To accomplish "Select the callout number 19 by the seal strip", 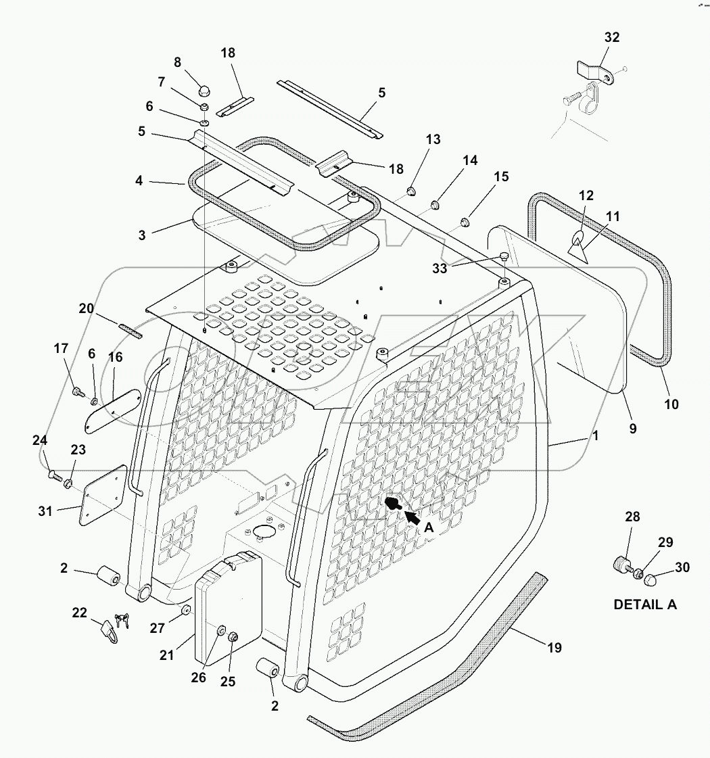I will coord(554,648).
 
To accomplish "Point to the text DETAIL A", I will coord(644,605).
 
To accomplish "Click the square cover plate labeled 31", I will coord(103,494).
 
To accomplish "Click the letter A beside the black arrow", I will coord(428,529).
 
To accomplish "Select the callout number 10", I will coord(671,404).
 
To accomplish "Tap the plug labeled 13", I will coord(410,189).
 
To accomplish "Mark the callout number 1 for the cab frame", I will coord(595,436).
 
